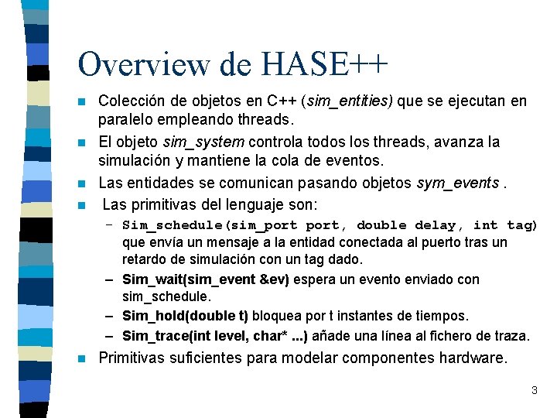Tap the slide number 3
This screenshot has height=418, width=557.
point(534,390)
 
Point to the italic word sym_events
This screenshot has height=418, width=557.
point(456,183)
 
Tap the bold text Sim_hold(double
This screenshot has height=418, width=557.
point(179,316)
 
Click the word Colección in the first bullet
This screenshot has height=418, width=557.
point(131,101)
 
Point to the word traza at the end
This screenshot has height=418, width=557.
point(511,335)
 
